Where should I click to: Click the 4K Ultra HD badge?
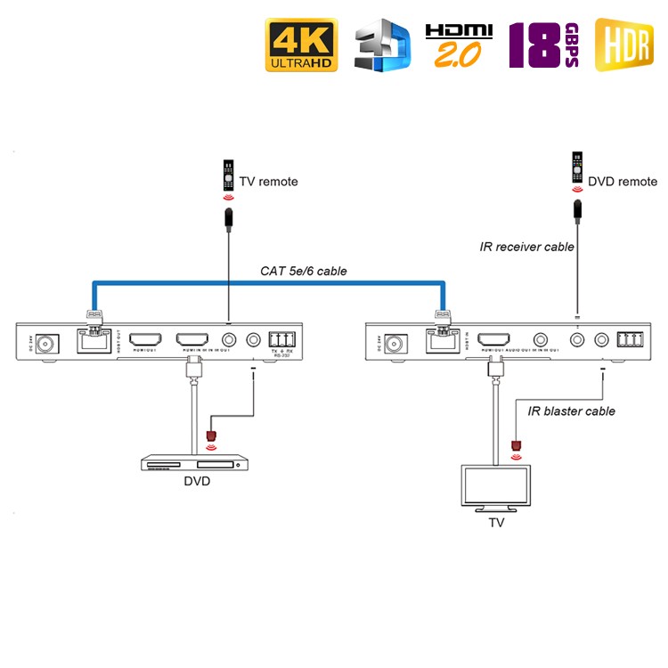click(x=300, y=44)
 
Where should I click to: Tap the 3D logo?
click(x=381, y=47)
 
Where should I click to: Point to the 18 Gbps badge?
click(x=543, y=45)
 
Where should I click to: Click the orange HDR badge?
click(x=623, y=45)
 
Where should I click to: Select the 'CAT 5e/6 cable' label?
click(x=304, y=271)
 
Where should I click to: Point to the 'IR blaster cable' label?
click(x=572, y=411)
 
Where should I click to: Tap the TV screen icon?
click(x=496, y=486)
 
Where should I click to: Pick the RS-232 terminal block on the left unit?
click(x=281, y=339)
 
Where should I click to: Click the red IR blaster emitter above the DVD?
click(x=211, y=436)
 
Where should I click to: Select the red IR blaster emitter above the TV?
click(x=515, y=445)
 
